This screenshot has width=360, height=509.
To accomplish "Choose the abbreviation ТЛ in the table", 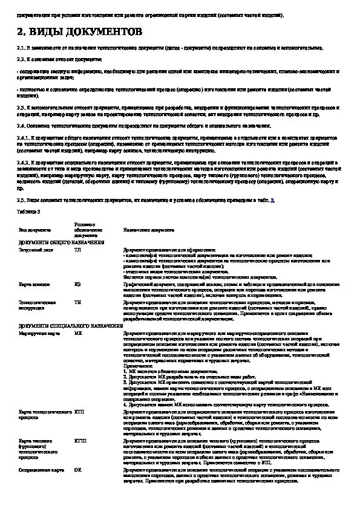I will coord(77,249).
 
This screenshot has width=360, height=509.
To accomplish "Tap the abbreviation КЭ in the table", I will coord(77,284).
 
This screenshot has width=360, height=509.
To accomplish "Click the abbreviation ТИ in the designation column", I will coord(77,301).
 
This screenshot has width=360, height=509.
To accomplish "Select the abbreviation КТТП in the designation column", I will coord(80,441).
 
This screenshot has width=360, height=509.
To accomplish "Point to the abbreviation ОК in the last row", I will coord(77,469).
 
